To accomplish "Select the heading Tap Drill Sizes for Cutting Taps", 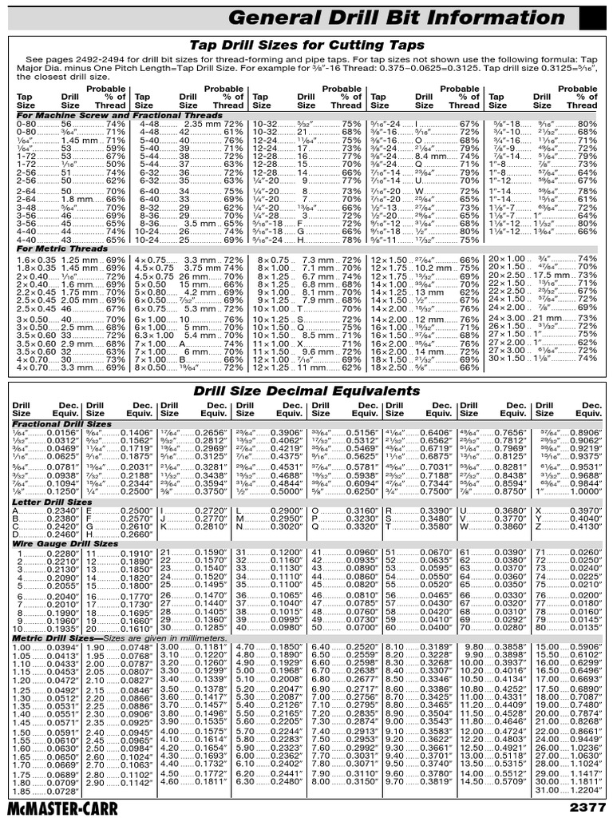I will tap(306, 46).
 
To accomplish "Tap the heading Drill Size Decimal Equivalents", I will tap(306, 391).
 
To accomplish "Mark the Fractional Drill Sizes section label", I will tap(61, 424).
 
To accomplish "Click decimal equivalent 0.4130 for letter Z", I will tap(586, 528).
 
